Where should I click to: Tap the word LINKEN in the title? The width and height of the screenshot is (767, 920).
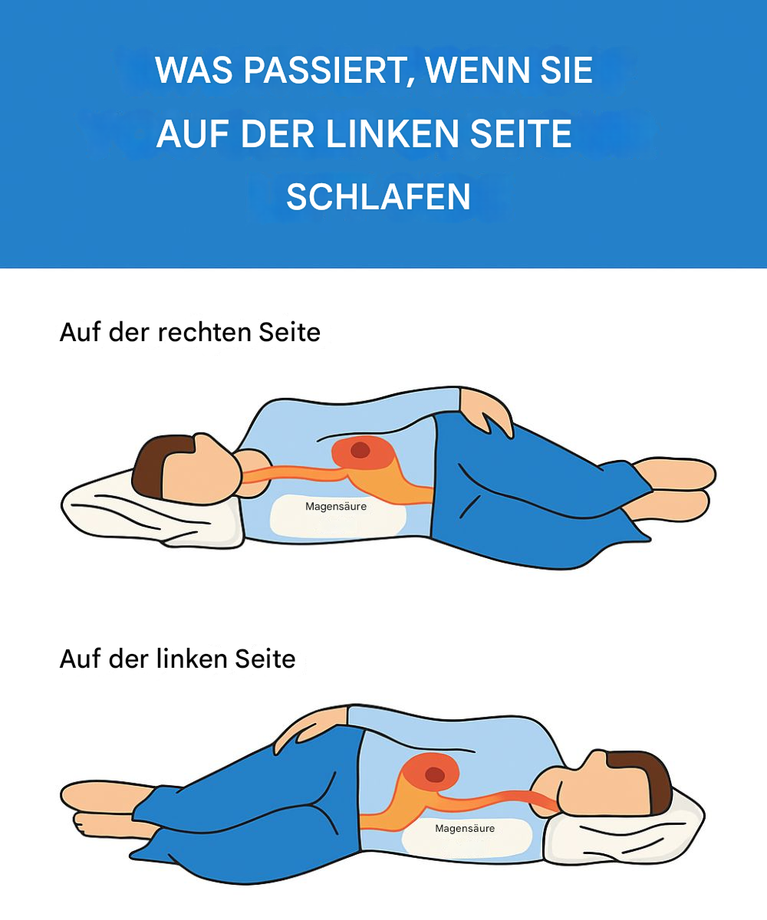point(393,133)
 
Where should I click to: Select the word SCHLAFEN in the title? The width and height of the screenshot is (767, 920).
point(379,197)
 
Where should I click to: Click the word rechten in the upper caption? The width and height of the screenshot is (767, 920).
point(206,332)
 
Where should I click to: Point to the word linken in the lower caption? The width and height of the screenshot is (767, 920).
point(193,659)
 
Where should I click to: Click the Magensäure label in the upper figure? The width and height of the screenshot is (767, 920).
point(336,506)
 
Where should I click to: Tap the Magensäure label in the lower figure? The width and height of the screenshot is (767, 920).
point(465,828)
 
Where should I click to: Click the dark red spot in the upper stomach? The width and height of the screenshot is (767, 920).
point(360,450)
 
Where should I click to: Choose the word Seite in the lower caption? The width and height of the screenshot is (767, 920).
point(265,659)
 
